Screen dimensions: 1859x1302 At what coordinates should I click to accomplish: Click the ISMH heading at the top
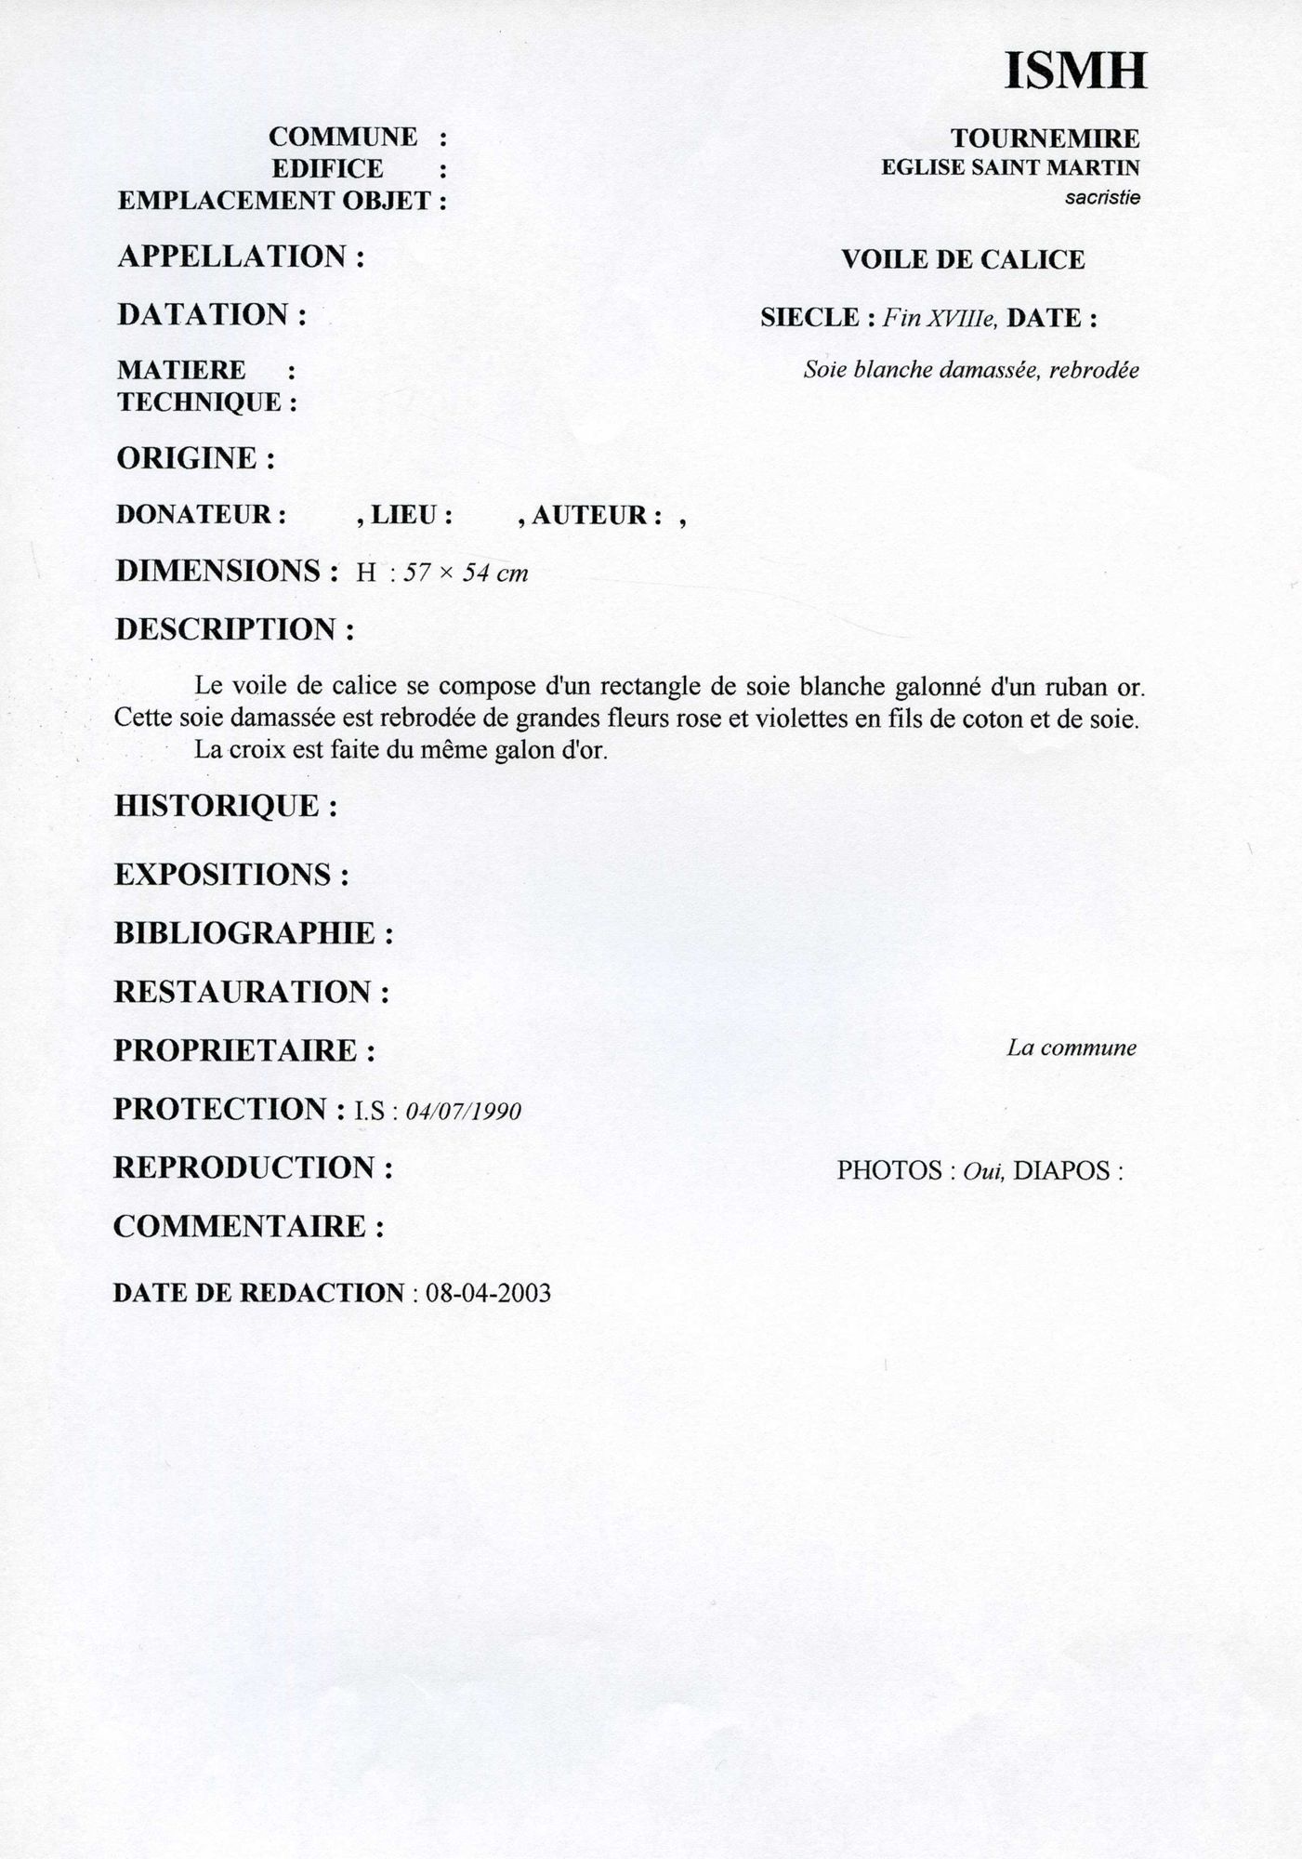pyautogui.click(x=1075, y=71)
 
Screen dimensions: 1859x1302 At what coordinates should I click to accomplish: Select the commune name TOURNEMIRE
pyautogui.click(x=1045, y=138)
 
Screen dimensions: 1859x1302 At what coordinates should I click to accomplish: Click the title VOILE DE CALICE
pyautogui.click(x=963, y=259)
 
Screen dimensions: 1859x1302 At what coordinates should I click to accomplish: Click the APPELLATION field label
pyautogui.click(x=241, y=257)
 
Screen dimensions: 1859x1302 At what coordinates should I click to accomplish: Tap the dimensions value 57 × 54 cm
pyautogui.click(x=466, y=573)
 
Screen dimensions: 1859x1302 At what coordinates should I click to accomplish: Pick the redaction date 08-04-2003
pyautogui.click(x=488, y=1293)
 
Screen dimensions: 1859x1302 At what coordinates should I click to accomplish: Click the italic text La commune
pyautogui.click(x=1071, y=1048)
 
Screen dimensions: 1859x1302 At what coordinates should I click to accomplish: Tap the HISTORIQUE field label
pyautogui.click(x=225, y=806)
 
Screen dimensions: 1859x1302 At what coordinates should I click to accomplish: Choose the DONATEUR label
pyautogui.click(x=201, y=515)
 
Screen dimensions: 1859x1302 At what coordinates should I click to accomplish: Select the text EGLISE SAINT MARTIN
pyautogui.click(x=1009, y=168)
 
